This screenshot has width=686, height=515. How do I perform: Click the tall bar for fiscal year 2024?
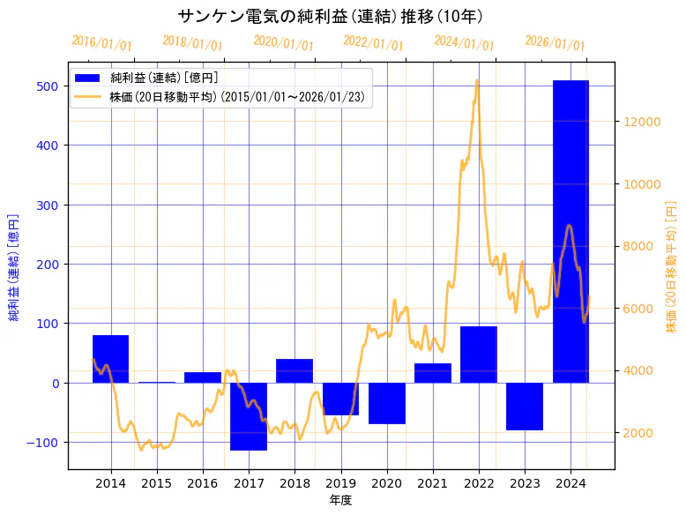(x=570, y=231)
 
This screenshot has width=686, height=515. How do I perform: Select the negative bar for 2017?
(x=249, y=416)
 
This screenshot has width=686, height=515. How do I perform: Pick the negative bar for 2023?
(x=525, y=407)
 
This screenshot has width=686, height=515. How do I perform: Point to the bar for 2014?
(x=111, y=359)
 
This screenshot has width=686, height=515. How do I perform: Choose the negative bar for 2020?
(x=387, y=403)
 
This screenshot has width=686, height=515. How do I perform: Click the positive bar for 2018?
(x=295, y=370)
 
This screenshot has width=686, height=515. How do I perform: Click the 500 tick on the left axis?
(x=48, y=86)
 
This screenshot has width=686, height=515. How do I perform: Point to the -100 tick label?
(x=44, y=442)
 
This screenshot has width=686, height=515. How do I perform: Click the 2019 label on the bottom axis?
(x=340, y=483)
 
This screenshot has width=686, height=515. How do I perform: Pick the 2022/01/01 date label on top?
(x=373, y=42)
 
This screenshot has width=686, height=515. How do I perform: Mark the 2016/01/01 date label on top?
(x=101, y=42)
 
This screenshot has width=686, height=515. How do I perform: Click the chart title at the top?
(x=330, y=16)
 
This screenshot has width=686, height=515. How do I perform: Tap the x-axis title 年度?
(x=340, y=500)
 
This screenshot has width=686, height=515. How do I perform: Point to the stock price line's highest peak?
(x=477, y=80)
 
